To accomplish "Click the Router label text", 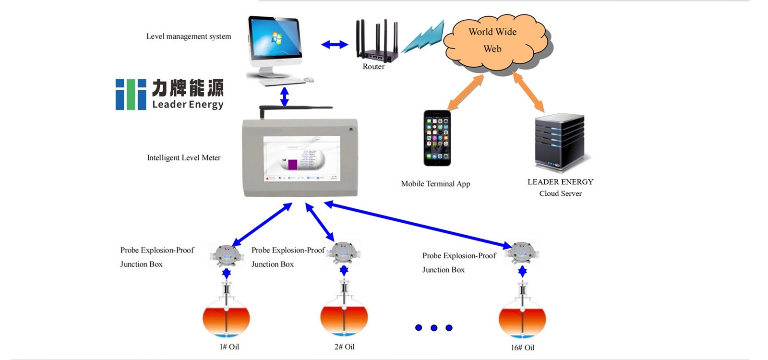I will coord(373,67).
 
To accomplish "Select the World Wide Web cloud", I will coord(494,41).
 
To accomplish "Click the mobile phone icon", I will coord(437,138).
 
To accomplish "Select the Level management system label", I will coord(189,36).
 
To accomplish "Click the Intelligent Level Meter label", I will coord(183,158).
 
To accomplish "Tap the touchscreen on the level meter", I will coord(301,159).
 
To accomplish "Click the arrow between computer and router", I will coord(335,45).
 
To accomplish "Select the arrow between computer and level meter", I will coord(285,96).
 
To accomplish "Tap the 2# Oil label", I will coord(344,347).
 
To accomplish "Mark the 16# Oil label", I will coord(522,348).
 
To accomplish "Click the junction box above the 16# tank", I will coord(522,252).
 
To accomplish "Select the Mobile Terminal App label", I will coord(435,184).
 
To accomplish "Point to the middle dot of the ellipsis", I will coord(434,328).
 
